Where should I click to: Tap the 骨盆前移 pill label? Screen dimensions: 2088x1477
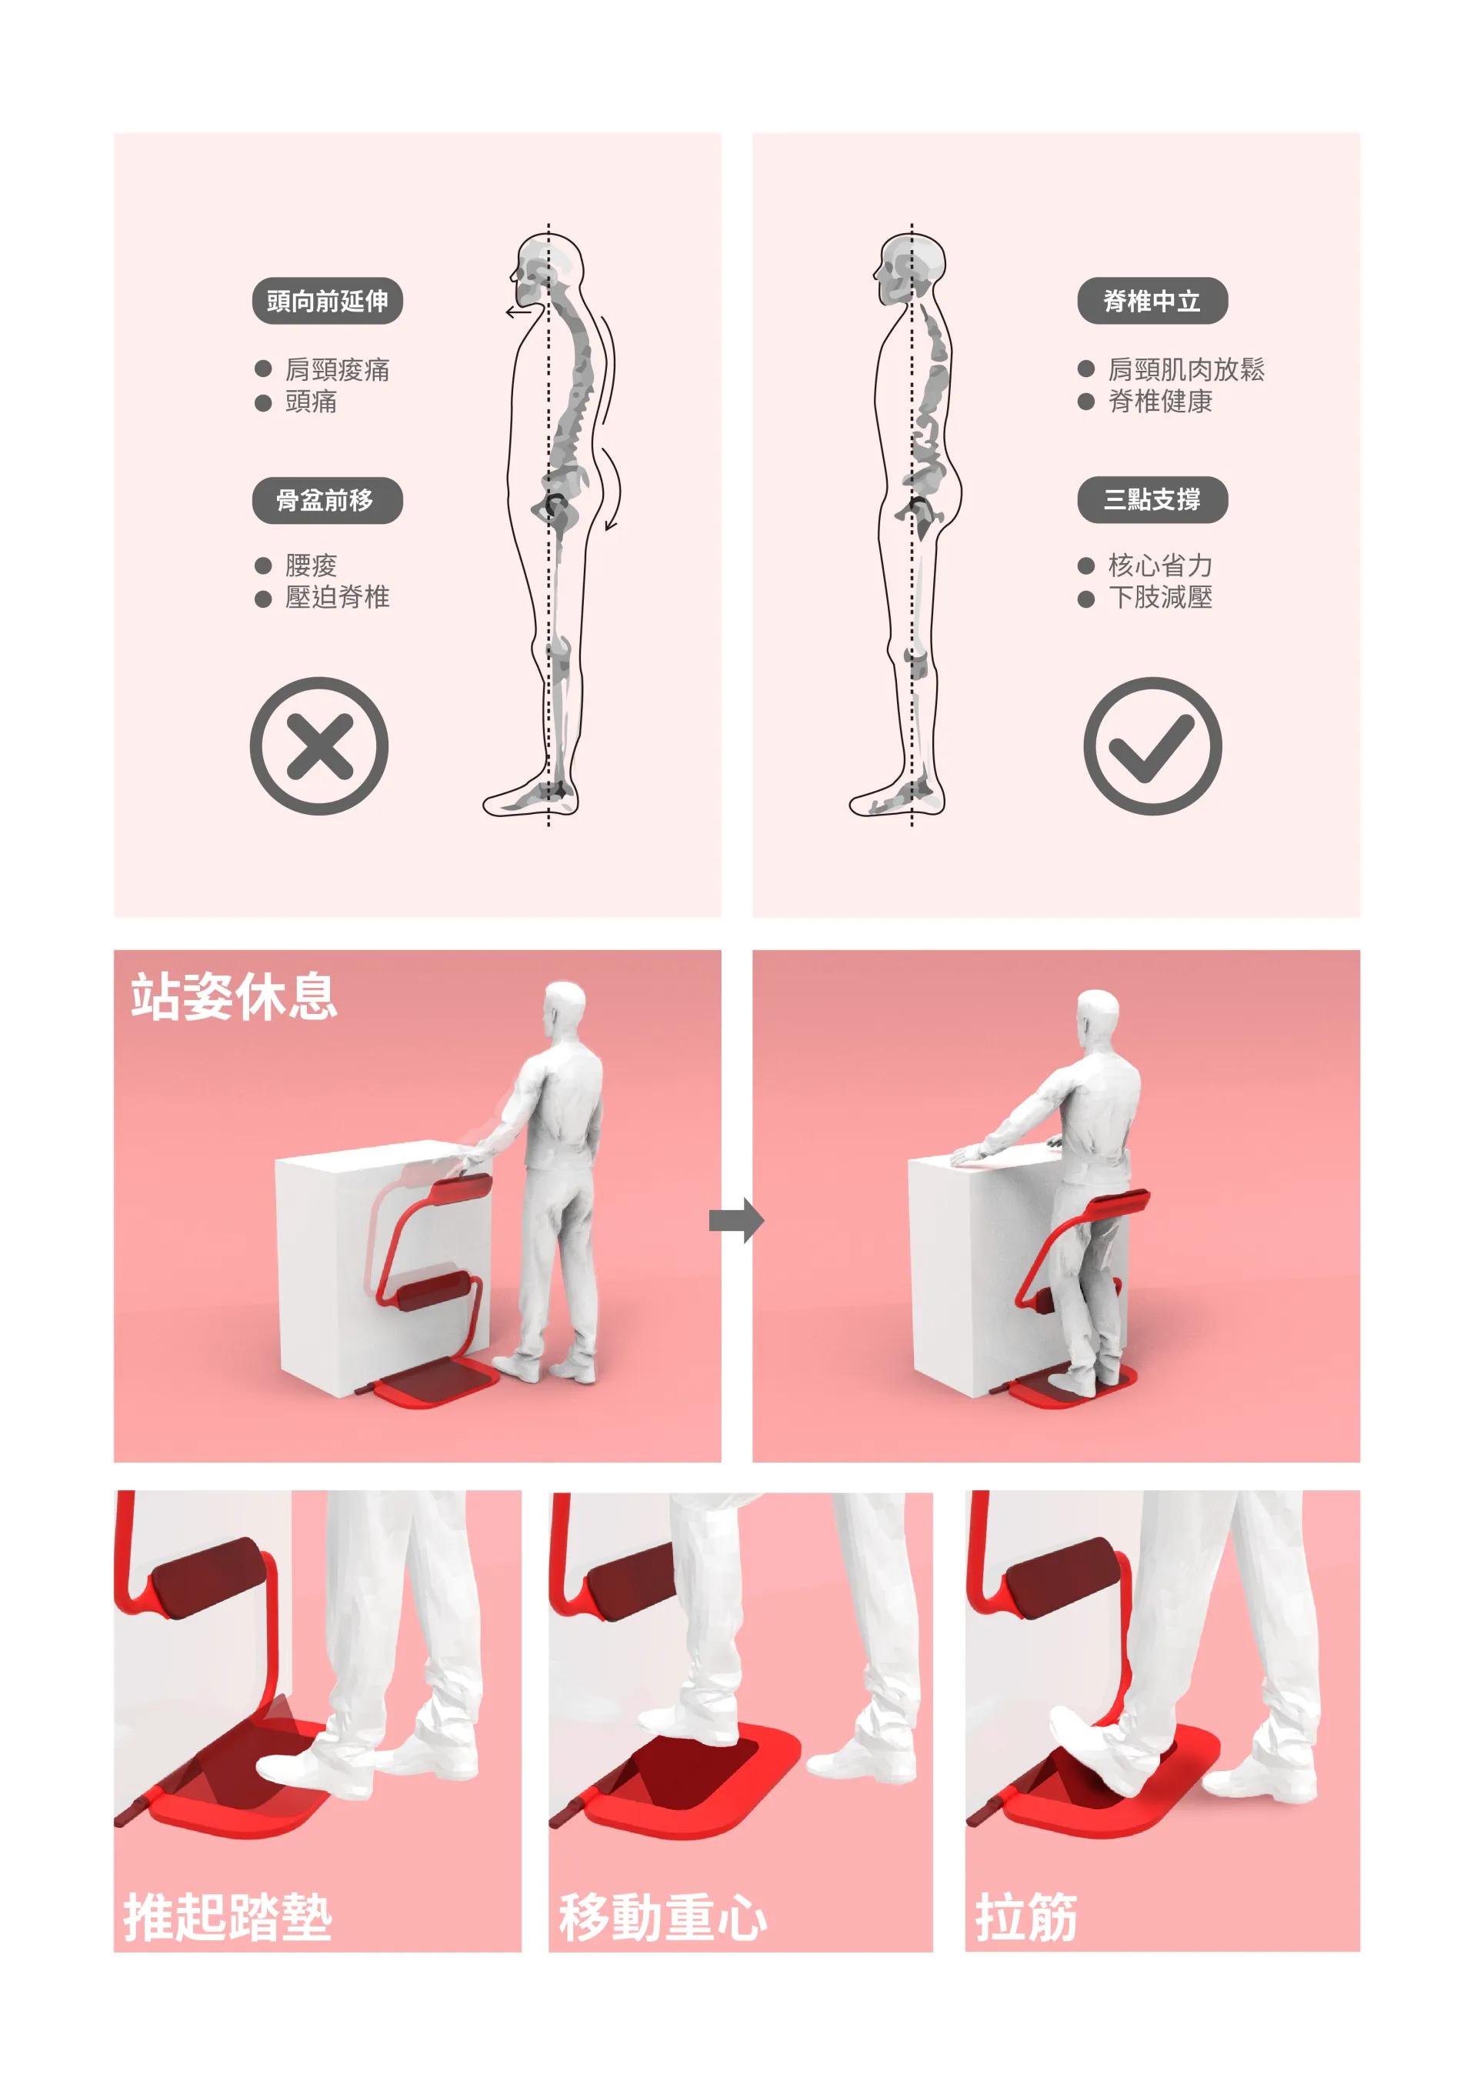326,500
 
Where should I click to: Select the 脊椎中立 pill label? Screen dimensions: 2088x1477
1152,301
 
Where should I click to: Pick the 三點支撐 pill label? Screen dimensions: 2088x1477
1152,499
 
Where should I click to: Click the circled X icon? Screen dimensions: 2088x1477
319,745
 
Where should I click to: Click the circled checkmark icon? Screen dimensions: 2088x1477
1152,745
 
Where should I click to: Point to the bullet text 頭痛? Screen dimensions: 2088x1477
311,402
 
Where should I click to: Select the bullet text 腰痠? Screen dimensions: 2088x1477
311,565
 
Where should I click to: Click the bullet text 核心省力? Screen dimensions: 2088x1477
1159,565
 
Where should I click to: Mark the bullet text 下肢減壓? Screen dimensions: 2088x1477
1159,598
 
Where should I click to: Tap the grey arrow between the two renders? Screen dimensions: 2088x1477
735,1219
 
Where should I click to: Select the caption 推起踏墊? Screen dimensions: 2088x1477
228,1917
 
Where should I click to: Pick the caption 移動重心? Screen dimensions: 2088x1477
662,1917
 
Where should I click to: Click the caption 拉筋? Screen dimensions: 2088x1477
1026,1917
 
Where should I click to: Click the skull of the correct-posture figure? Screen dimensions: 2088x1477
912,269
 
